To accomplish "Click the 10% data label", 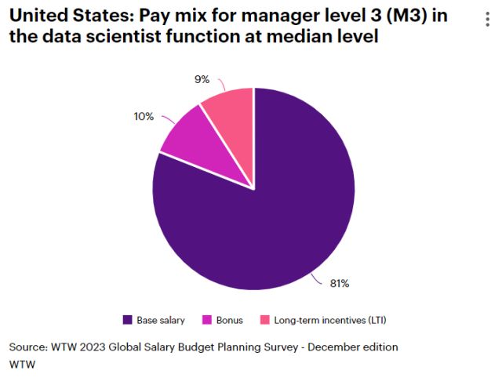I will (x=144, y=116).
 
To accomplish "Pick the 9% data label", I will (x=203, y=79).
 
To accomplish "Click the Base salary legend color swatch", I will (x=128, y=320).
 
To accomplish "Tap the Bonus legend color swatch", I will (x=207, y=320).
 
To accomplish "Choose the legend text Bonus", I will (x=231, y=320).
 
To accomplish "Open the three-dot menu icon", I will (x=488, y=20).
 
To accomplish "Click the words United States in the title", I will (x=60, y=16).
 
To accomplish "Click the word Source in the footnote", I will (x=27, y=347).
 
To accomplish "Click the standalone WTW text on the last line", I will (x=22, y=364).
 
